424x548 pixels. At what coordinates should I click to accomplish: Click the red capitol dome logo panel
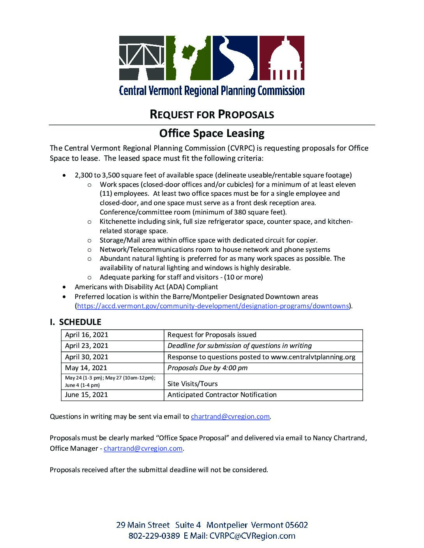pyautogui.click(x=282, y=58)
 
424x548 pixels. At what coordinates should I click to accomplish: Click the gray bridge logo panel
pyautogui.click(x=141, y=58)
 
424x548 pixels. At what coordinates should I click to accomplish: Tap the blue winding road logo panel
pyautogui.click(x=235, y=58)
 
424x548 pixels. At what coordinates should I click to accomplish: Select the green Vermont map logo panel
pyautogui.click(x=188, y=58)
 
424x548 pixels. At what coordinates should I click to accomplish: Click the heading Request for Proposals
pyautogui.click(x=212, y=114)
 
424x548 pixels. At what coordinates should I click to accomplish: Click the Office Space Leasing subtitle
pyautogui.click(x=212, y=133)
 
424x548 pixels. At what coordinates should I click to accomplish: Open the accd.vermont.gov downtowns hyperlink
pyautogui.click(x=213, y=306)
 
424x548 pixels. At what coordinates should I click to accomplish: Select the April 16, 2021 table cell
pyautogui.click(x=112, y=335)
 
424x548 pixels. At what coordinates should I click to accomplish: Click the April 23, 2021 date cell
pyautogui.click(x=112, y=346)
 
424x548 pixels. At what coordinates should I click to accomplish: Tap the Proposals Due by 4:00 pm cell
pyautogui.click(x=207, y=368)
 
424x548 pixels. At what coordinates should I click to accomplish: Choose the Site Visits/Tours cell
pyautogui.click(x=193, y=384)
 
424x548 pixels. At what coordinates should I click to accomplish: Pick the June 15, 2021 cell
pyautogui.click(x=112, y=395)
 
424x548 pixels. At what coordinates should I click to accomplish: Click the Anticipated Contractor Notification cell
pyautogui.click(x=222, y=395)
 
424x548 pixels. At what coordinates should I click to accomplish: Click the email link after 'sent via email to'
pyautogui.click(x=230, y=417)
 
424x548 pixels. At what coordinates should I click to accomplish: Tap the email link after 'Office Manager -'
pyautogui.click(x=143, y=448)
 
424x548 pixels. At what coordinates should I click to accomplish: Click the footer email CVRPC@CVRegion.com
pyautogui.click(x=252, y=536)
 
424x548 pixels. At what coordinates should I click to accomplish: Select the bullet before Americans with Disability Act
pyautogui.click(x=65, y=287)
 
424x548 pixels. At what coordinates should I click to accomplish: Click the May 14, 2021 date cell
pyautogui.click(x=112, y=368)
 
